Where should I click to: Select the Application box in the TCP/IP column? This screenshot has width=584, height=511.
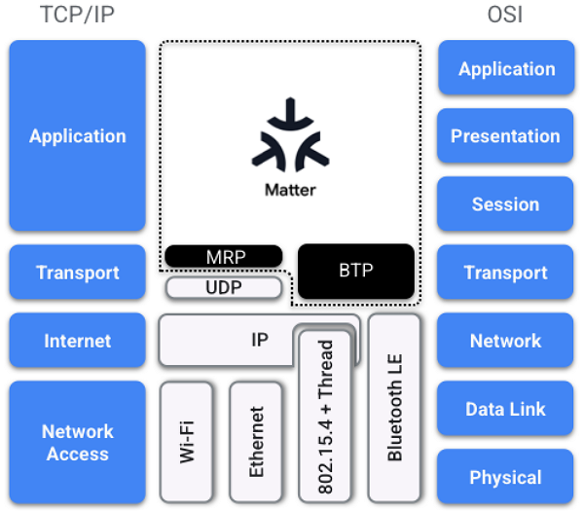coord(77,136)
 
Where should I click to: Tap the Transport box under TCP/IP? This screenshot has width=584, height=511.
coord(77,273)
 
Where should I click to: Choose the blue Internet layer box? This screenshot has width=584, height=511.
coord(77,341)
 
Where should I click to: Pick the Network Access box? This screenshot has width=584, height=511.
coord(77,443)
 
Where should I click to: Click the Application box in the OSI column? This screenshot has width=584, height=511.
coord(506,68)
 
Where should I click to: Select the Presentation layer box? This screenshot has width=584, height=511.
coord(506,136)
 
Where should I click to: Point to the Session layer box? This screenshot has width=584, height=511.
coord(506,204)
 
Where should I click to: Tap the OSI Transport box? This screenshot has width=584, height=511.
coord(506,273)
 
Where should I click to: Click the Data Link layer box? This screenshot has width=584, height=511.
coord(506,409)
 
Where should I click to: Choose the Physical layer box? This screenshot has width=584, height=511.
coord(506,477)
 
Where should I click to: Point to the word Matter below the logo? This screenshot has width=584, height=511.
coord(290,190)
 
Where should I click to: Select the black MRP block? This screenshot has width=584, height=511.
coord(224,257)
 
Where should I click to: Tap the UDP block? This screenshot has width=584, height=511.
coord(224,288)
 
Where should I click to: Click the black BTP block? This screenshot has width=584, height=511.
coord(355,271)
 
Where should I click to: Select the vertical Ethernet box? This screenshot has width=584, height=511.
coord(257,441)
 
